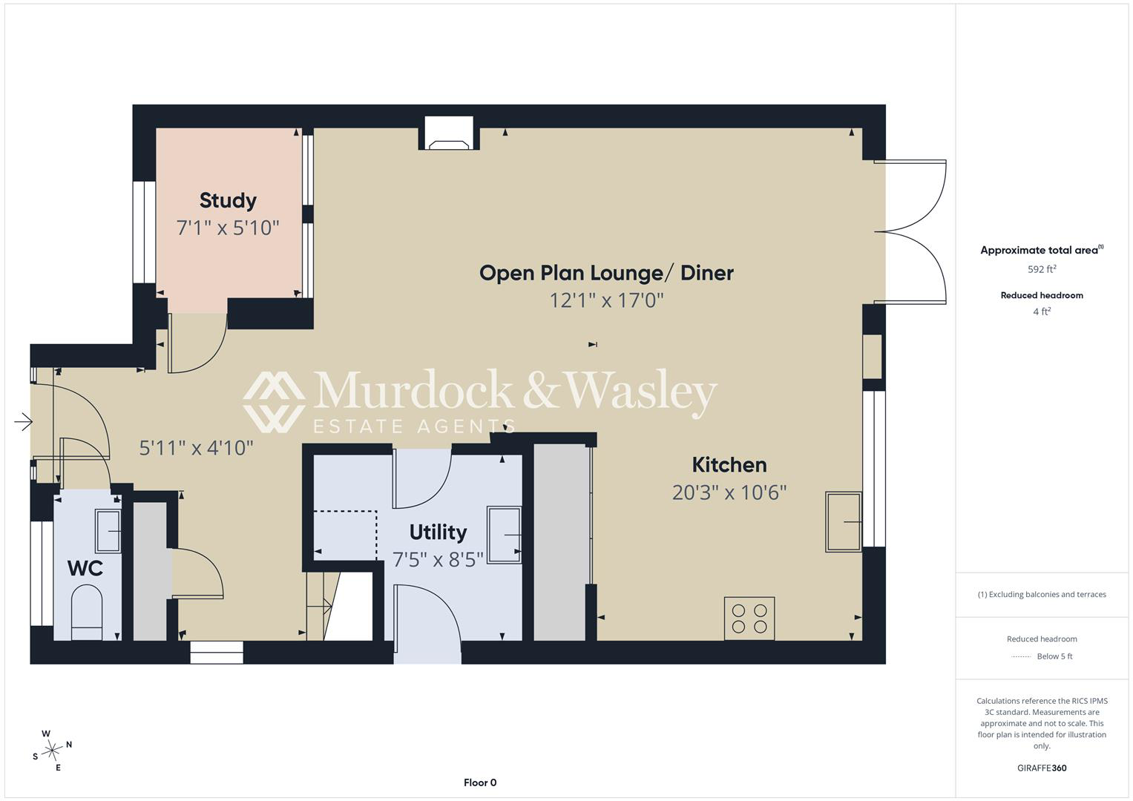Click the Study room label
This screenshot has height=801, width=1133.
pos(228,201)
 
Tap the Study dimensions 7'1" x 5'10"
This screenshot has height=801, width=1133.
pos(228,228)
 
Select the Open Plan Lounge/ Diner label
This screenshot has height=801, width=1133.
pos(606,273)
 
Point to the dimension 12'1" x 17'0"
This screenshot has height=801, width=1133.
pos(606,300)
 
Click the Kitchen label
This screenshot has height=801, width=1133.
pos(729,465)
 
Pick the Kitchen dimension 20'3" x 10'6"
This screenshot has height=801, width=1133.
pos(729,492)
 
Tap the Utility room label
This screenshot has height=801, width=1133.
pos(438,533)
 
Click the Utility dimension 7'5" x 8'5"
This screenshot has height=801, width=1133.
pos(438,560)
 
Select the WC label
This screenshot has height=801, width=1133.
pos(85,568)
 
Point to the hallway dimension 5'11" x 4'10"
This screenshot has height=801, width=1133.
pos(196,448)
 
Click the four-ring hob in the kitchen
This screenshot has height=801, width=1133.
pos(749,619)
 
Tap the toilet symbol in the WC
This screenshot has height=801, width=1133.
pos(87,613)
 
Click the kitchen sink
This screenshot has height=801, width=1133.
pos(844,521)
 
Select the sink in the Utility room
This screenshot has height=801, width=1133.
pos(505,534)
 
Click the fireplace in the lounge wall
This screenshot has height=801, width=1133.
pos(449,133)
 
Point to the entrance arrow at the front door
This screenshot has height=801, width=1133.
pos(23,421)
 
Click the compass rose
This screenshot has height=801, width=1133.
pos(52,751)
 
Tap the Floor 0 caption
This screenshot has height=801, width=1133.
pos(480,782)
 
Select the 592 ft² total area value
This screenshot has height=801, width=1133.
pos(1042,269)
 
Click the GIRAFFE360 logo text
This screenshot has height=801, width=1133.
pos(1042,768)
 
